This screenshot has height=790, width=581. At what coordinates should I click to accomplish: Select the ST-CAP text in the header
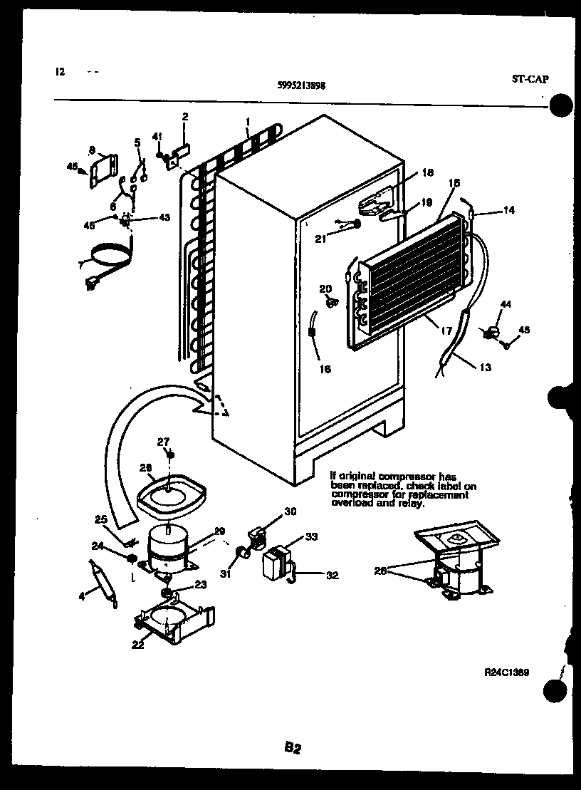530,79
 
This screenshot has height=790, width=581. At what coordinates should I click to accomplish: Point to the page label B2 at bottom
293,747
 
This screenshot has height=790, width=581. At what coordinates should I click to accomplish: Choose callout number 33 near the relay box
312,536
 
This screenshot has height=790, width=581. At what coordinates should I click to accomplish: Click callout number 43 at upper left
164,217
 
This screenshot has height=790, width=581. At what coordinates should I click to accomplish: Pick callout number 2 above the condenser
184,116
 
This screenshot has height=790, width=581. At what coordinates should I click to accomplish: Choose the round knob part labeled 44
491,332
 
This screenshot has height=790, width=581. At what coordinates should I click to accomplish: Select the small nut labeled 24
132,557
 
